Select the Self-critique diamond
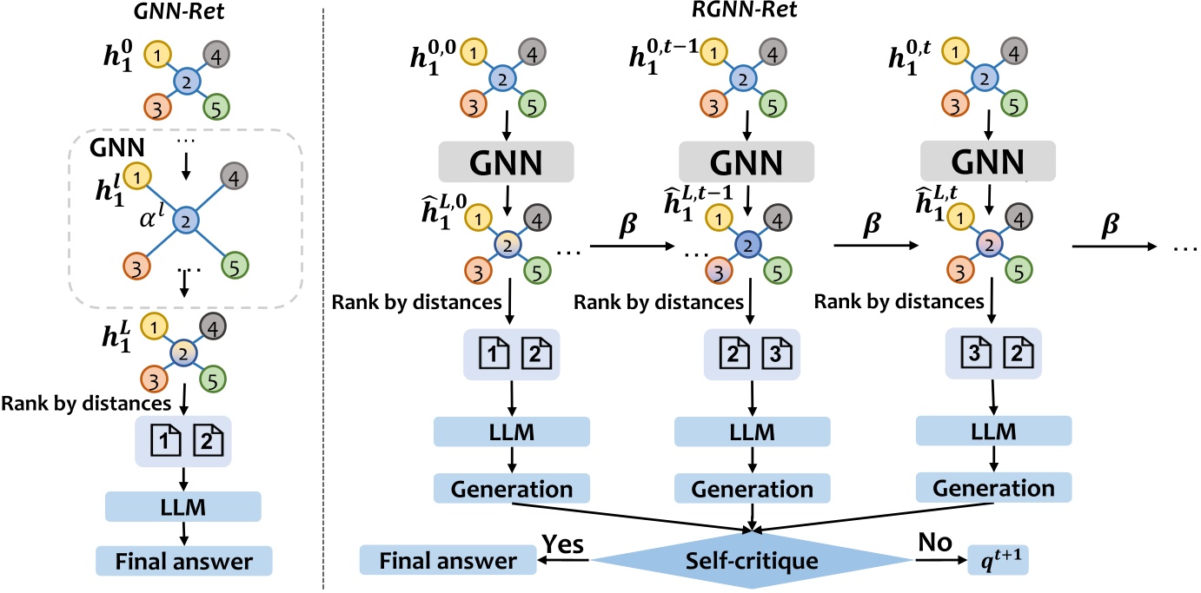coord(753,561)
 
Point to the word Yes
coord(563,544)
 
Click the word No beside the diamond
coord(936,544)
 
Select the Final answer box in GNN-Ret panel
coord(183,562)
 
